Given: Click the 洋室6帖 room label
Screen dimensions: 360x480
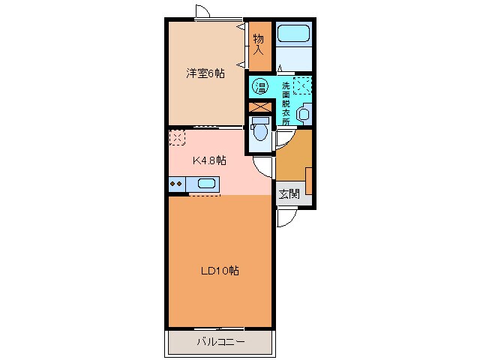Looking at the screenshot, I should pyautogui.click(x=205, y=73).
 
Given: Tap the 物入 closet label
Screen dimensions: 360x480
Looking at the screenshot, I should pyautogui.click(x=258, y=44).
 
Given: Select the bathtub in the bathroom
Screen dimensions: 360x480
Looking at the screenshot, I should pyautogui.click(x=292, y=34).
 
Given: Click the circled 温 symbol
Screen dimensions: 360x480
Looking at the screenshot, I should pyautogui.click(x=261, y=85).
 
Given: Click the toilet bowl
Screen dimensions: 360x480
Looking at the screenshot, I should pyautogui.click(x=259, y=132).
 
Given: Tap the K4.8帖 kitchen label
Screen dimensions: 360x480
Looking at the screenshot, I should pyautogui.click(x=210, y=160).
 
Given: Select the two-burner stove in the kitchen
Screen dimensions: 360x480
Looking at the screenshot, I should pyautogui.click(x=177, y=182).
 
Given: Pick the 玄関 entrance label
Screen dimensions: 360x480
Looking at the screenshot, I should pyautogui.click(x=289, y=193).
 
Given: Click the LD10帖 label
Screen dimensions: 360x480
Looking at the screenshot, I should pyautogui.click(x=220, y=271).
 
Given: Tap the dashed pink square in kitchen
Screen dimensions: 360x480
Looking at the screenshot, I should pyautogui.click(x=177, y=138).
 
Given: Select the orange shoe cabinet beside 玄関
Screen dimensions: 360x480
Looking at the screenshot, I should pyautogui.click(x=309, y=180).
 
